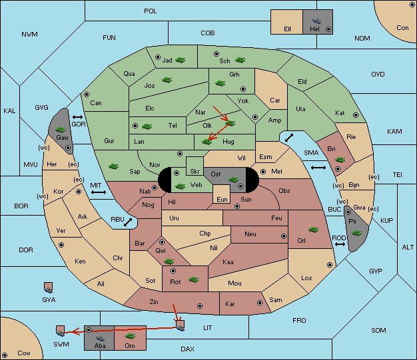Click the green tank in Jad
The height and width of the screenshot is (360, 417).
click(181, 60)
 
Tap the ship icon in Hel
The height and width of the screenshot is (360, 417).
click(316, 21)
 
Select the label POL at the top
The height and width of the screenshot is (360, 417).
click(151, 11)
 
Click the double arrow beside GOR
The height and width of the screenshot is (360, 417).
click(78, 117)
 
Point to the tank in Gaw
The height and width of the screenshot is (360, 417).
click(61, 130)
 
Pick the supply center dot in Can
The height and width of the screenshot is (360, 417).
click(87, 94)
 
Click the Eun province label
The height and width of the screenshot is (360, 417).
click(222, 200)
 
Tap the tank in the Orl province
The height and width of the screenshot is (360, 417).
click(314, 230)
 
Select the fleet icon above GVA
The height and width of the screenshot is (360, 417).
click(49, 287)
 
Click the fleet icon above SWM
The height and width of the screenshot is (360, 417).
click(61, 331)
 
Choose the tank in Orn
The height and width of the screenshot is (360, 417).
click(131, 336)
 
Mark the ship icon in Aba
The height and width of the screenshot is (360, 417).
click(100, 338)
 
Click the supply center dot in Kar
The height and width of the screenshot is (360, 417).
click(260, 303)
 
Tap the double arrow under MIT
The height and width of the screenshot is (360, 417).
click(99, 192)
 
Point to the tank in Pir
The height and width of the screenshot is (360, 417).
click(356, 233)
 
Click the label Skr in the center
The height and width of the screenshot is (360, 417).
click(195, 172)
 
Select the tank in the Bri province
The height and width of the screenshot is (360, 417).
click(340, 160)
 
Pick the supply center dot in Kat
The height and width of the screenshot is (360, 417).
click(356, 115)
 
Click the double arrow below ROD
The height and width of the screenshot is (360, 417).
click(340, 244)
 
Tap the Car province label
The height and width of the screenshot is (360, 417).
click(275, 100)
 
